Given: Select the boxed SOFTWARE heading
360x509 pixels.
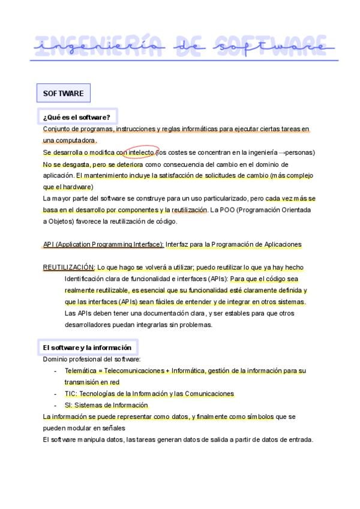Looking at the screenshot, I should pyautogui.click(x=63, y=94).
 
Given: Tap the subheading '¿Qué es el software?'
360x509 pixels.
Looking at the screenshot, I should pyautogui.click(x=76, y=116).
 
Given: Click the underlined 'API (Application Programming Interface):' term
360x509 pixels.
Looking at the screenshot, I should pyautogui.click(x=103, y=244).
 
